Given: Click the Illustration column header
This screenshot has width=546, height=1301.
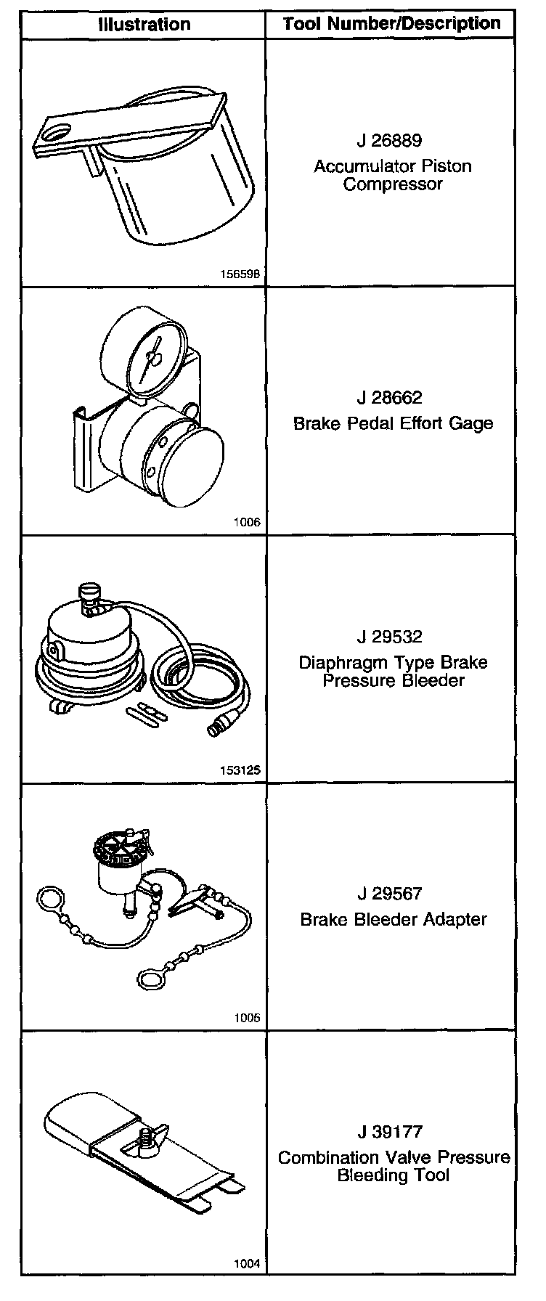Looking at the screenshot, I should [x=144, y=24].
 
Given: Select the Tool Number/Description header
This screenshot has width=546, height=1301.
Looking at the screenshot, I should [x=392, y=23].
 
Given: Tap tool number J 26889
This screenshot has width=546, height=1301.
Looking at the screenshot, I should [x=389, y=140].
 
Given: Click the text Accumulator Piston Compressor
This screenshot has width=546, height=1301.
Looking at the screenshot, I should [x=392, y=175].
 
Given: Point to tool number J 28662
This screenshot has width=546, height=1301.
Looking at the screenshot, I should [x=389, y=398].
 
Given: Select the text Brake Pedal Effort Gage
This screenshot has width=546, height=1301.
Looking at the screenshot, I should [x=393, y=423].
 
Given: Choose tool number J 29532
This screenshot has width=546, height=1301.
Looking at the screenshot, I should [x=389, y=637].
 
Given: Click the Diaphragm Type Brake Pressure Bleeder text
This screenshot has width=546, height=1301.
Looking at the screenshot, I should [x=393, y=672].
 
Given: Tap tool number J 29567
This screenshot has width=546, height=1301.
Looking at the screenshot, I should [x=389, y=894].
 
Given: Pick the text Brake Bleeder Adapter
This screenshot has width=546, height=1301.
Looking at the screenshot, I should [x=393, y=919].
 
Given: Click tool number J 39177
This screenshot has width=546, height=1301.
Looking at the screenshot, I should [x=389, y=1132].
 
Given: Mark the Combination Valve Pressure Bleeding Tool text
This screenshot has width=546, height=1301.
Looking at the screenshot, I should [x=394, y=1166].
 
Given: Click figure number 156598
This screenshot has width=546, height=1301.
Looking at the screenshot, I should [x=240, y=275].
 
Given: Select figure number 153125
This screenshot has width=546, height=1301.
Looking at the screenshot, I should [x=240, y=770].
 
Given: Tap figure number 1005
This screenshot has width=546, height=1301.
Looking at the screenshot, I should [x=247, y=1018].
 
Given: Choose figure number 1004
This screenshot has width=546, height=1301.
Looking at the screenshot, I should [x=247, y=1264].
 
